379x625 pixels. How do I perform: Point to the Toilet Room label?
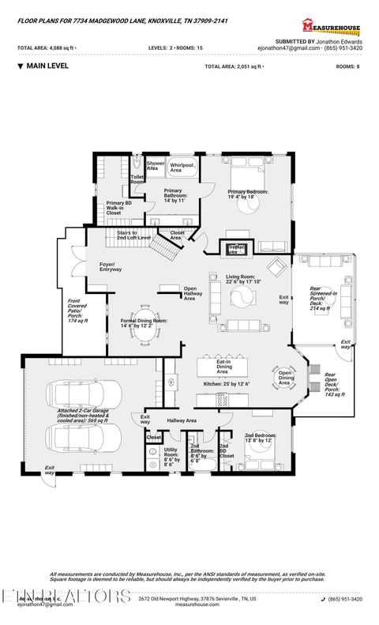(137, 179)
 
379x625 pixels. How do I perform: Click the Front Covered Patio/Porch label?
(76, 314)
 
